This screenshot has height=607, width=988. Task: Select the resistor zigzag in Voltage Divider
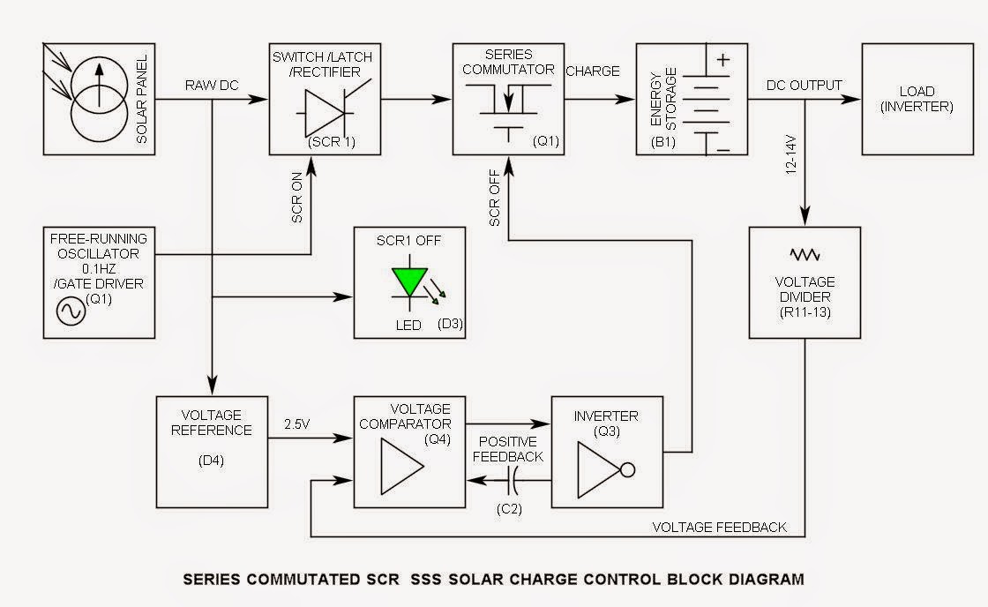click(804, 255)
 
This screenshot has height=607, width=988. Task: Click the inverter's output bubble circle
click(629, 468)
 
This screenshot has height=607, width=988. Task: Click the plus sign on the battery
click(723, 61)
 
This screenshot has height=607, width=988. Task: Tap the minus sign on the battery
click(723, 149)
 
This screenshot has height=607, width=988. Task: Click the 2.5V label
click(297, 424)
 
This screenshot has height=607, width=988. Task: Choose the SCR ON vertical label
click(297, 200)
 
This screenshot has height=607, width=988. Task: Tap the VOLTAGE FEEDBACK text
click(719, 528)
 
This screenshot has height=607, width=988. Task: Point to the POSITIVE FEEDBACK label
click(510, 448)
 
